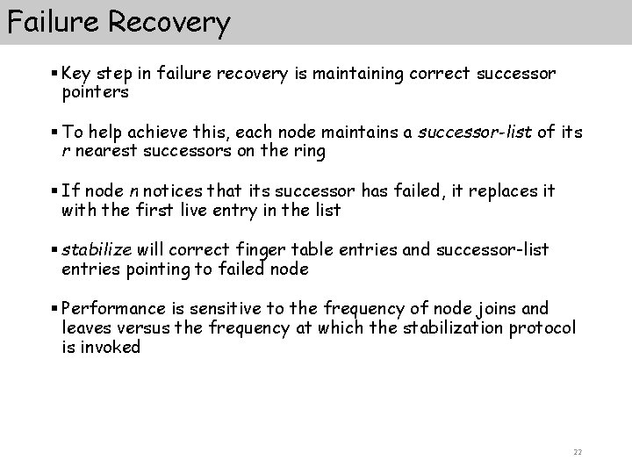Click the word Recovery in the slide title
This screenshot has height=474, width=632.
tap(170, 22)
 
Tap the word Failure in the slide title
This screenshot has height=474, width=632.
tap(54, 22)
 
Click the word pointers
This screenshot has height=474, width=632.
tap(96, 91)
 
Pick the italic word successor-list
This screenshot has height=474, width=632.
tap(474, 133)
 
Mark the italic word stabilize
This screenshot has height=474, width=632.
tap(94, 250)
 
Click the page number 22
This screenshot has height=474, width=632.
tap(577, 452)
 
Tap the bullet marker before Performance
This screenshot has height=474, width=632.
tap(54, 309)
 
